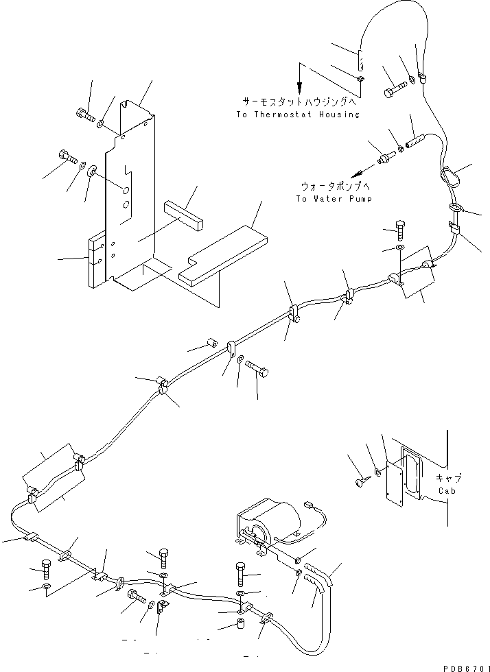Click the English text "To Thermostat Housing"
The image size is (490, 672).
pyautogui.click(x=297, y=115)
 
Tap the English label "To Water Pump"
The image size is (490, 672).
pyautogui.click(x=334, y=199)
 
